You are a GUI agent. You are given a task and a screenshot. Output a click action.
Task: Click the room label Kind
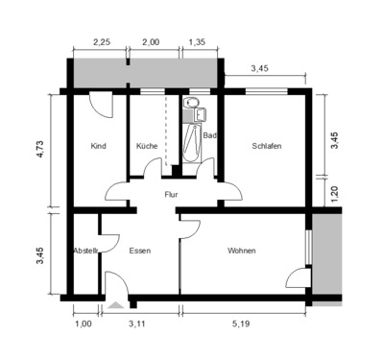[x=98, y=146]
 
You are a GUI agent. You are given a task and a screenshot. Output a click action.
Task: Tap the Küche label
[x=147, y=146]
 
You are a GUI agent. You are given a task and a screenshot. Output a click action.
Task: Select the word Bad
[x=209, y=136]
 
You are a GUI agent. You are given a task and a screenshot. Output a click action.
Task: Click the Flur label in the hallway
[x=172, y=194]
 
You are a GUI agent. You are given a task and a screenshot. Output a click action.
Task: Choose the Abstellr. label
[x=86, y=251]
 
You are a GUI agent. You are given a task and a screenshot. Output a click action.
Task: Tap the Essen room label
[x=139, y=251]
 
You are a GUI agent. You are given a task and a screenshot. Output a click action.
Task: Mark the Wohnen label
[x=242, y=251]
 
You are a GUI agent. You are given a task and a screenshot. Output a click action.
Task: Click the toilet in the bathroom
[x=191, y=102]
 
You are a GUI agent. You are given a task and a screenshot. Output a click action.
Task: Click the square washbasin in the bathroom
[x=201, y=115]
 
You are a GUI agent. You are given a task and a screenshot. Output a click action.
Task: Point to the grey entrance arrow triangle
[x=116, y=304]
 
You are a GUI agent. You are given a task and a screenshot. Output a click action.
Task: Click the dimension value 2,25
[x=101, y=42]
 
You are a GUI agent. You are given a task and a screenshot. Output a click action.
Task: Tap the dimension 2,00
[x=151, y=42]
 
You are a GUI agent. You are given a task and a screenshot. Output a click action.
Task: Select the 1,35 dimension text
[x=196, y=42]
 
